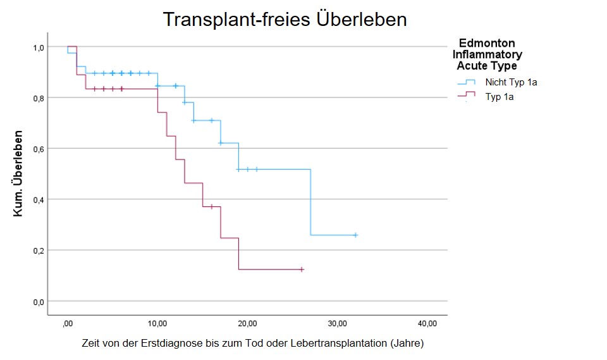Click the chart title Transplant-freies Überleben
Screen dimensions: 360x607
[x=285, y=19]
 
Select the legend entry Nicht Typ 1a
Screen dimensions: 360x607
[x=511, y=82]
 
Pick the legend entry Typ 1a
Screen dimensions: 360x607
[x=500, y=97]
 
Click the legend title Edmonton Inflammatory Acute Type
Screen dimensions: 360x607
[x=487, y=54]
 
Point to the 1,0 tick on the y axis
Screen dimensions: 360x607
[x=38, y=47]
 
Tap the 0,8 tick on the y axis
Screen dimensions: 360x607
[x=38, y=98]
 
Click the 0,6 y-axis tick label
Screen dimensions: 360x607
[x=38, y=149]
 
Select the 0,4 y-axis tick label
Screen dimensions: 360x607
[x=38, y=200]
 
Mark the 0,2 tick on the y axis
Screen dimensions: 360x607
[x=38, y=251]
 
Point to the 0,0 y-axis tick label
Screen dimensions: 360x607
[x=38, y=302]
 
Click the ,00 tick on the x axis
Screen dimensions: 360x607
[x=68, y=324]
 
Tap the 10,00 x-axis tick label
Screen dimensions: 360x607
[x=157, y=324]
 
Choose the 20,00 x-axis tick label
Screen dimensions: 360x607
[x=247, y=324]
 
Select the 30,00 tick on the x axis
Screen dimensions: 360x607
[x=338, y=324]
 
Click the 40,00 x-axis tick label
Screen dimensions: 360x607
[x=427, y=324]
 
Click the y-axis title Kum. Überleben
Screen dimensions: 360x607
[x=19, y=174]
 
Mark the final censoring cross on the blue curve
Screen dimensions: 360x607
[x=355, y=235]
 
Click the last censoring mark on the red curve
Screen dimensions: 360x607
[x=302, y=270]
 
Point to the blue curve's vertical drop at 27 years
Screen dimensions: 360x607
[x=310, y=202]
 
